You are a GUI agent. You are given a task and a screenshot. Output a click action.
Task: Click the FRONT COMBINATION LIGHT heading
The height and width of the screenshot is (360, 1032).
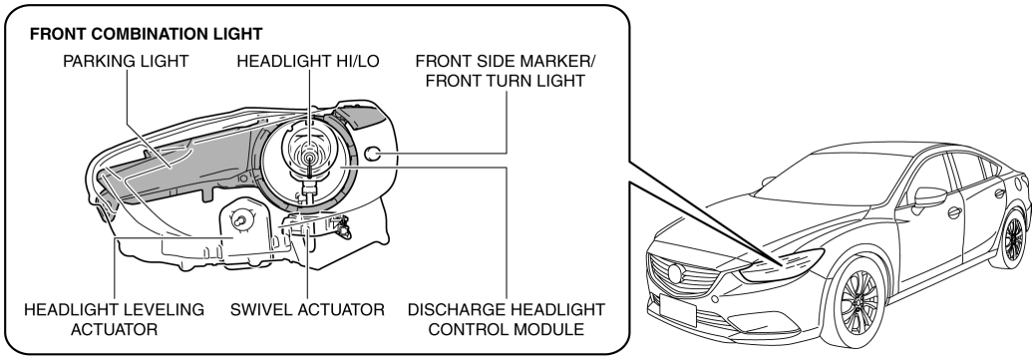[x=147, y=34]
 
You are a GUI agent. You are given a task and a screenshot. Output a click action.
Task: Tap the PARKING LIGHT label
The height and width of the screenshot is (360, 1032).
[x=126, y=61]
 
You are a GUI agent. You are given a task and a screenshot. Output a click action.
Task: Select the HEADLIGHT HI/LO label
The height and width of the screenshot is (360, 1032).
[x=308, y=61]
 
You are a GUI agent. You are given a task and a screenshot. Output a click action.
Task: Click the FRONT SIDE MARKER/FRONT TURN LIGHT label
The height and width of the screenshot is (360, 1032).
[x=506, y=71]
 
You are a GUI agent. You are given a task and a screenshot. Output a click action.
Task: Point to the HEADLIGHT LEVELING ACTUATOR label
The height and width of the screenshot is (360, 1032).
[x=114, y=319]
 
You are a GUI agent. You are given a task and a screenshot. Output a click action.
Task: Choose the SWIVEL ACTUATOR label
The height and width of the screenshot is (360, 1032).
[x=307, y=309]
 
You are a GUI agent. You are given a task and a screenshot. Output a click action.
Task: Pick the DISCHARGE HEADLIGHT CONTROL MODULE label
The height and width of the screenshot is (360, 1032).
[x=507, y=319]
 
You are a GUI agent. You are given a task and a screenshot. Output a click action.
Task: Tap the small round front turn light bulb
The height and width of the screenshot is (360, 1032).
[x=373, y=155]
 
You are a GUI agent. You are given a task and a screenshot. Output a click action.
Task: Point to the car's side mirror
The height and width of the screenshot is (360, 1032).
[x=928, y=196]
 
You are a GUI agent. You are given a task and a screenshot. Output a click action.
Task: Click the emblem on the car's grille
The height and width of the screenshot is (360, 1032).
[x=676, y=272]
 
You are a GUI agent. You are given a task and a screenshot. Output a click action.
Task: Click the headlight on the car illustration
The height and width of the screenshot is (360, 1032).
[x=781, y=265]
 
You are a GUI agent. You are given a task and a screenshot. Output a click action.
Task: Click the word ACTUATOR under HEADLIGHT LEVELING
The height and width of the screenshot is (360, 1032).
[x=114, y=328]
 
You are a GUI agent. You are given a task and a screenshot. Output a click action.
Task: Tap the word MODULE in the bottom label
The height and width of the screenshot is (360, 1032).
[x=553, y=328]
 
